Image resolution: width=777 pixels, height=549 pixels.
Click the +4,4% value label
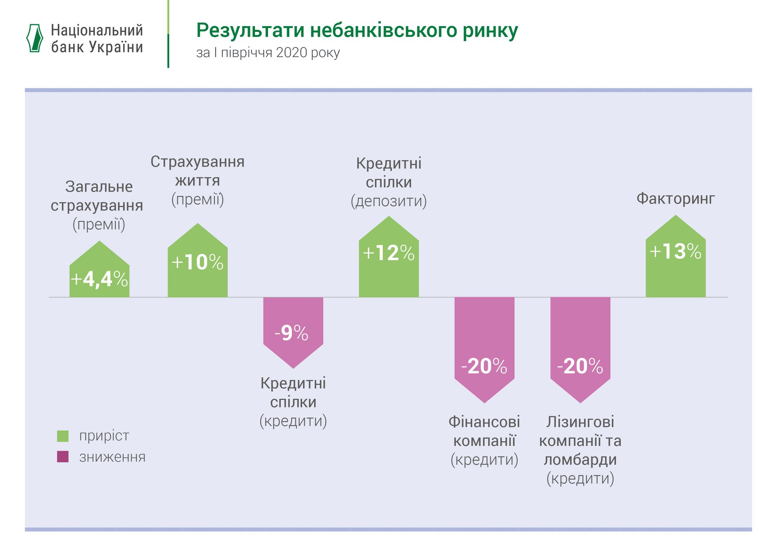pyautogui.click(x=99, y=279)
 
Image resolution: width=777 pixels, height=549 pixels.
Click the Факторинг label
pyautogui.click(x=676, y=199)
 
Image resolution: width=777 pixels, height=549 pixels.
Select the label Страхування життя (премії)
pyautogui.click(x=198, y=180)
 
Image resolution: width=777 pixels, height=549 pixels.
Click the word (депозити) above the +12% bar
pyautogui.click(x=388, y=201)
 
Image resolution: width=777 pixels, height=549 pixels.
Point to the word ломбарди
pyautogui.click(x=580, y=460)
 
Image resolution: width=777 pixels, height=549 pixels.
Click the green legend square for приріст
pyautogui.click(x=63, y=436)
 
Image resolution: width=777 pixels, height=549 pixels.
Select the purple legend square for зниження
pyautogui.click(x=63, y=457)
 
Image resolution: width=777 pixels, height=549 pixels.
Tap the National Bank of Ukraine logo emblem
pyautogui.click(x=35, y=38)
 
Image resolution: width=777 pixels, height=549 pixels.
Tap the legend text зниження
pyautogui.click(x=112, y=457)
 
